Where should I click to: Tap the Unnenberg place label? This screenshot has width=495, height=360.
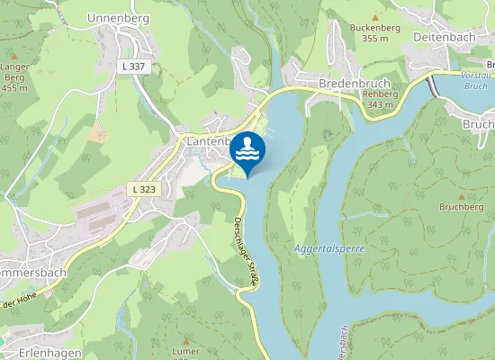coord(117,17)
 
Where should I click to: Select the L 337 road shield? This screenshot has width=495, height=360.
coord(135,66)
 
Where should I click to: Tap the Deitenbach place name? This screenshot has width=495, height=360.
coord(443,37)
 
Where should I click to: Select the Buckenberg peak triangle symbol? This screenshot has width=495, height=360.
coord(375,17)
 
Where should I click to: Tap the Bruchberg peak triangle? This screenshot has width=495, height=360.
coord(462,195)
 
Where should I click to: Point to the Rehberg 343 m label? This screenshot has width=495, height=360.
coord(380,100)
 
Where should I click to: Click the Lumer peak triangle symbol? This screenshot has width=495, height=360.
coord(185,341)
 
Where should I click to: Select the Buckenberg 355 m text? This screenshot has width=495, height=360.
coord(375,33)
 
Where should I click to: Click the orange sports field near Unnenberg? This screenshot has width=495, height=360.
coord(96,132)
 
